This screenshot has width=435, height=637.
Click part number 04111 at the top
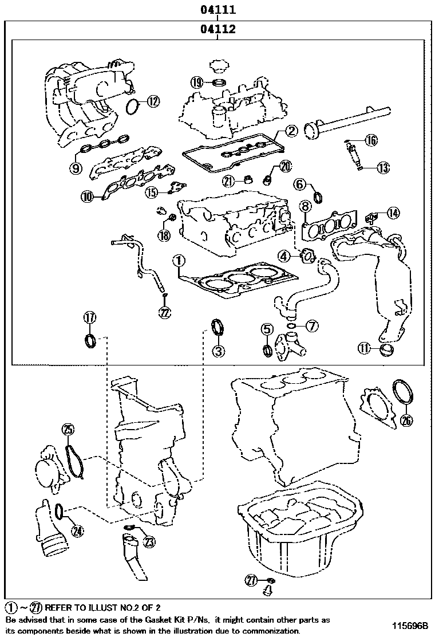coord(218,10)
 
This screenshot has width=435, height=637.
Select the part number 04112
coord(218,29)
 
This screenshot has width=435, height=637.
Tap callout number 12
coord(153,102)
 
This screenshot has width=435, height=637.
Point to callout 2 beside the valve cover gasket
coord(291,131)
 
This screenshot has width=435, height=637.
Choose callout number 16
coord(371,140)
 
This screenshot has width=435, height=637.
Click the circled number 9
coord(76,168)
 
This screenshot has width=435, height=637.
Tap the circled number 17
coord(90,318)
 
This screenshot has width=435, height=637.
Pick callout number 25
coord(68,430)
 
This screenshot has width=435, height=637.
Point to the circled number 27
coord(250,580)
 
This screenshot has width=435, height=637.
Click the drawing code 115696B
coord(410,626)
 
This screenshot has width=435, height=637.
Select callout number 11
coord(365,348)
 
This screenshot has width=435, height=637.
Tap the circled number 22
coord(165,312)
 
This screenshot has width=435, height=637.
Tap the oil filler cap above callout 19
coord(218,65)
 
